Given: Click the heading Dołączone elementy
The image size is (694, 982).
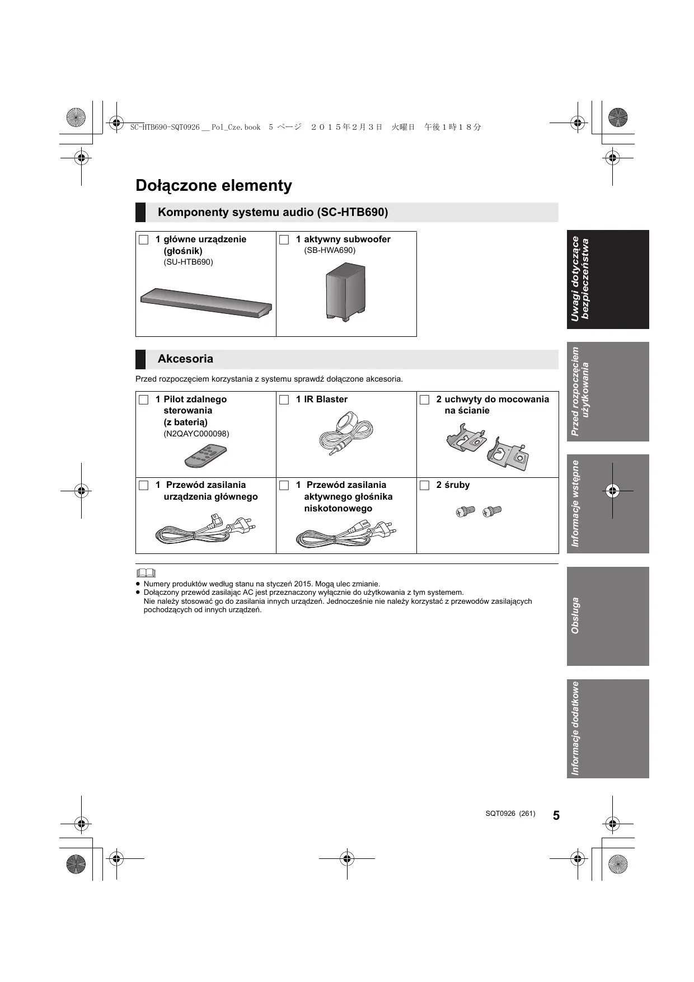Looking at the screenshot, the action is pyautogui.click(x=214, y=186).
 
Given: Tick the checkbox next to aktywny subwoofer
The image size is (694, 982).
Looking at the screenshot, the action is pyautogui.click(x=284, y=240).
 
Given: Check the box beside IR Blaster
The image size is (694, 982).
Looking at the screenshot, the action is pyautogui.click(x=284, y=400).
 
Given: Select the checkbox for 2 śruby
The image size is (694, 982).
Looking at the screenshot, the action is pyautogui.click(x=425, y=485).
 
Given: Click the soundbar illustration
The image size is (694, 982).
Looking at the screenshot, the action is pyautogui.click(x=206, y=303).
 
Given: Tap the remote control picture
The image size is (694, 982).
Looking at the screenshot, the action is pyautogui.click(x=206, y=455).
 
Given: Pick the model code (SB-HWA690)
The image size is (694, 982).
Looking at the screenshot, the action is pyautogui.click(x=330, y=250).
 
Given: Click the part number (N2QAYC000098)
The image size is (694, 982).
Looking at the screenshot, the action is pyautogui.click(x=196, y=434).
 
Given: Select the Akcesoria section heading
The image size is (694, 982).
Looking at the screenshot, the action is pyautogui.click(x=185, y=359).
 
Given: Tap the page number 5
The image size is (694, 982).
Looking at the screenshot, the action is pyautogui.click(x=556, y=815).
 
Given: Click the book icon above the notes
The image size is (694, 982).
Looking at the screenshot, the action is pyautogui.click(x=146, y=573).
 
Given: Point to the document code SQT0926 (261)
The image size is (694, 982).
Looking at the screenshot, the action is pyautogui.click(x=510, y=814).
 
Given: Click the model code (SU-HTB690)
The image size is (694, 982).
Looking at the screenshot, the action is pyautogui.click(x=189, y=262).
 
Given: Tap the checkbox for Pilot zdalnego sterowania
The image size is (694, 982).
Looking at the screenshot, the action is pyautogui.click(x=144, y=400).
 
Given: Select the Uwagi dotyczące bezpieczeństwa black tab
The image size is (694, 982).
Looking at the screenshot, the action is pyautogui.click(x=608, y=279).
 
